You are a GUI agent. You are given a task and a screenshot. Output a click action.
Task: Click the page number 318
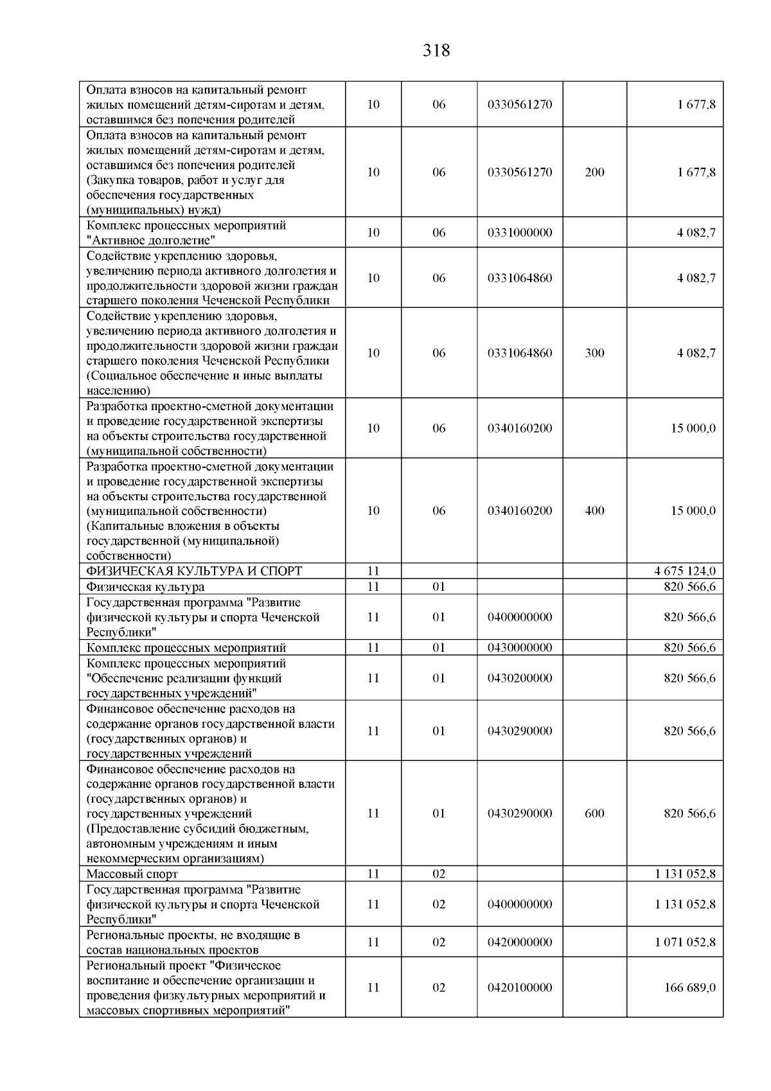(x=436, y=50)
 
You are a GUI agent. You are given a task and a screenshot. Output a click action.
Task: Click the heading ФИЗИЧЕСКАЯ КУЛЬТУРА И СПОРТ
(x=194, y=571)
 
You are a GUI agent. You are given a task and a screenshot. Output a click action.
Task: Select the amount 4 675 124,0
(x=685, y=571)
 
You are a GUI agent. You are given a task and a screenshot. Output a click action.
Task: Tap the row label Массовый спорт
(x=132, y=874)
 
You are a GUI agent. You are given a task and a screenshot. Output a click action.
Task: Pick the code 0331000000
(x=520, y=233)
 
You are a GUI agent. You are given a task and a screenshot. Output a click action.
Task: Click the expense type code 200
(x=594, y=172)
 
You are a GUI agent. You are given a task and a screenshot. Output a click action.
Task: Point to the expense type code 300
(x=594, y=353)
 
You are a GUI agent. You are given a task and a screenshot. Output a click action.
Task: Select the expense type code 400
(x=594, y=510)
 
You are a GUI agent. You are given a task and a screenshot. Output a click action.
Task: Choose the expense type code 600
(x=594, y=813)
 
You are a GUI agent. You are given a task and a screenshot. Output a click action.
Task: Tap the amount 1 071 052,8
(x=685, y=942)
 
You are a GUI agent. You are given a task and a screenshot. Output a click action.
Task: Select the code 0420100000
(x=520, y=987)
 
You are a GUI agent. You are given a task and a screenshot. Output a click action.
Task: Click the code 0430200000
(x=520, y=678)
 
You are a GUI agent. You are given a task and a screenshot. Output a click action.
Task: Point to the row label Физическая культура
(x=146, y=586)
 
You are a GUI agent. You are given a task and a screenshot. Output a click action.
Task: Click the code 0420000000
(x=520, y=942)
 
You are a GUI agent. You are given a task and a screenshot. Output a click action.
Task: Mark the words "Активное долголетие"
(x=151, y=240)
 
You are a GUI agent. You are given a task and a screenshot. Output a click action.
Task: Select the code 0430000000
(x=520, y=647)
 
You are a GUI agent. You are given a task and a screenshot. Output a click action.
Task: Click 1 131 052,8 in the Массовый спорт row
(x=685, y=874)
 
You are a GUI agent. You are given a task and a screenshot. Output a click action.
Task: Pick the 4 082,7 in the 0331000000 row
(x=696, y=233)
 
